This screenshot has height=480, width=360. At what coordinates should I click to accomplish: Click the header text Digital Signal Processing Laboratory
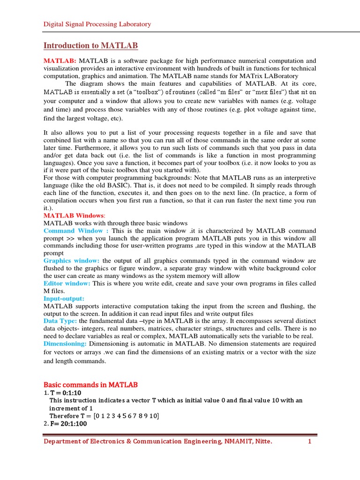(x=97, y=24)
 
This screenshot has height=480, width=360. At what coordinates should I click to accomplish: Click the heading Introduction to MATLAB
(x=90, y=45)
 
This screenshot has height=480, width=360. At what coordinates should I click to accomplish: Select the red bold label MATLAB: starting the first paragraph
(x=60, y=61)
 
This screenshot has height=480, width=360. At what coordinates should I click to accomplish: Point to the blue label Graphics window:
(x=71, y=261)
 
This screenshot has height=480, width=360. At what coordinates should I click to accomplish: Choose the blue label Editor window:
(x=67, y=284)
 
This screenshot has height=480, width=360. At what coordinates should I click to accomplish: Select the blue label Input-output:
(x=63, y=299)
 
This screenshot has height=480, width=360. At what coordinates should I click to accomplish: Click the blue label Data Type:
(x=60, y=321)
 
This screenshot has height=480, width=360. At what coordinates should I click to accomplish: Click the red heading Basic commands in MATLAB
(x=90, y=385)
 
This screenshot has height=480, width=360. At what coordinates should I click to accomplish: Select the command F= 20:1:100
(x=69, y=423)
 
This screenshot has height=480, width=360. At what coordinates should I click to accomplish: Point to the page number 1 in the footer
(x=310, y=442)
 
